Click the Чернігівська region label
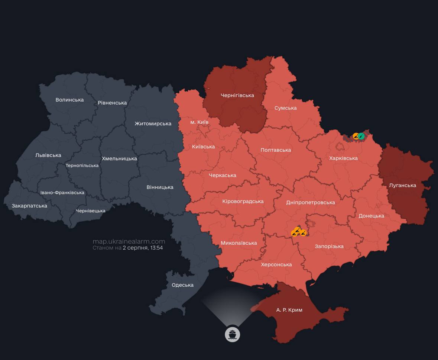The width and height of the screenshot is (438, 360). click(x=237, y=95)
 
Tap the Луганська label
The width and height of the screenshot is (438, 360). click(x=402, y=185)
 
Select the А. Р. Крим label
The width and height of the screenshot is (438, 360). click(x=289, y=310)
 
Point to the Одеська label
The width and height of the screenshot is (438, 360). click(x=182, y=285)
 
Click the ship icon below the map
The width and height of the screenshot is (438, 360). click(x=233, y=334)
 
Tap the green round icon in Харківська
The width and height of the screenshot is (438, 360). click(x=361, y=136)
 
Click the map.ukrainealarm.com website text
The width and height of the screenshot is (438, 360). click(x=129, y=241)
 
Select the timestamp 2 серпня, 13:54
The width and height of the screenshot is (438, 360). click(x=143, y=248)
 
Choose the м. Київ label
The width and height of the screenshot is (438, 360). click(x=199, y=122)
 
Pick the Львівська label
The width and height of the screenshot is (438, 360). click(x=48, y=155)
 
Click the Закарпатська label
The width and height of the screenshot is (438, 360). click(x=29, y=206)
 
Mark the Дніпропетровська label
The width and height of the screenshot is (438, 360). click(x=311, y=202)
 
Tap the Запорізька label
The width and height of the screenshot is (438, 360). click(x=329, y=246)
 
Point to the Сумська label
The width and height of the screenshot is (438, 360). click(x=286, y=108)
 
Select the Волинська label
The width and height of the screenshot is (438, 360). click(x=69, y=100)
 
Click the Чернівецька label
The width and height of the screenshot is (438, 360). click(x=91, y=211)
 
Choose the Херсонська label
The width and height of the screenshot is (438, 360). click(x=276, y=264)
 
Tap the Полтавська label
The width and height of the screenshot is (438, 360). click(x=276, y=150)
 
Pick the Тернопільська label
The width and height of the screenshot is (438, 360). click(x=82, y=165)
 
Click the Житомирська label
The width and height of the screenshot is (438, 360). click(x=153, y=123)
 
